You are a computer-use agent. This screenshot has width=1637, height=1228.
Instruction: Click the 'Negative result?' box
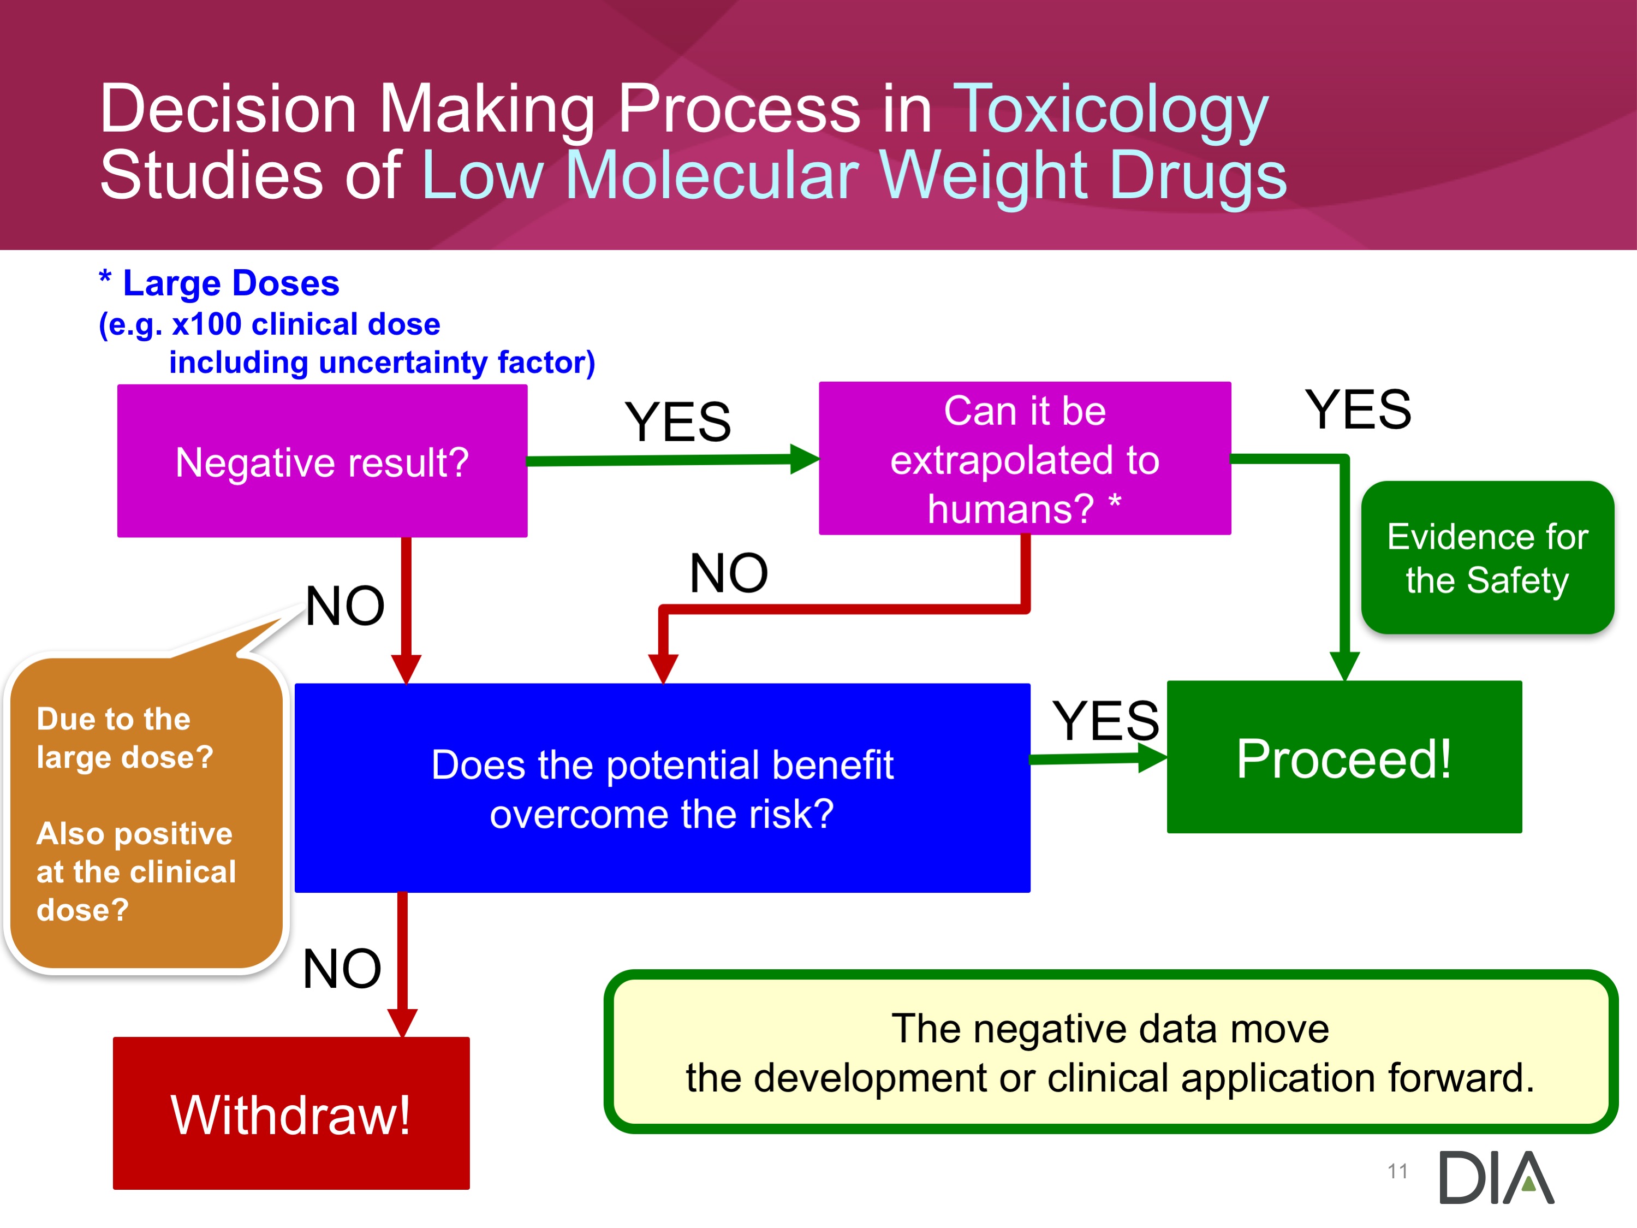coord(322,460)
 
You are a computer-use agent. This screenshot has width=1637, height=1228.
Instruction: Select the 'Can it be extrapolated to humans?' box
coord(1025,458)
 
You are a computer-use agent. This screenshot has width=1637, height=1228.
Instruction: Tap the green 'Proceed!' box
coord(1344,756)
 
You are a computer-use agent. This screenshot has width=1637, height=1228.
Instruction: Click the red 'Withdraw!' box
coord(291,1113)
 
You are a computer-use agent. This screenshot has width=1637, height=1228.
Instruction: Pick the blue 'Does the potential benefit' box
coord(662,787)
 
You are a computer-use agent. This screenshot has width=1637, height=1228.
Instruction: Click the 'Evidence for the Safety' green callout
coord(1487,557)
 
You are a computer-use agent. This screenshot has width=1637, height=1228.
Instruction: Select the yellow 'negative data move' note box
coord(1110,1052)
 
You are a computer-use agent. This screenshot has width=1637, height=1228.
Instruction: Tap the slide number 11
coord(1397,1171)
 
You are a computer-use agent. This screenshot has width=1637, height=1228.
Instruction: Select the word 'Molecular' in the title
coord(711,175)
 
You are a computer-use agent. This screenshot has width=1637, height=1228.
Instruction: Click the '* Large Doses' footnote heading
coord(219,283)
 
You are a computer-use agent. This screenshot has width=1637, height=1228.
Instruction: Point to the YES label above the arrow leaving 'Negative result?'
coord(678,422)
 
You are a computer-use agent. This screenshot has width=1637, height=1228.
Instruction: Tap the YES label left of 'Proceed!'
coord(1106,720)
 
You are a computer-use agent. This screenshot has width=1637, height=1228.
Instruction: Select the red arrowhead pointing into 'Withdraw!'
coord(403,1023)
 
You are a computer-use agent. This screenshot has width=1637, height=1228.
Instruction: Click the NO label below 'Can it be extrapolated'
coord(729,573)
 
